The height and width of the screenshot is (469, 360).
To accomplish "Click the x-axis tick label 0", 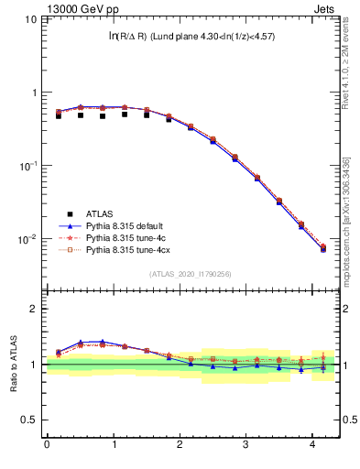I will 47,445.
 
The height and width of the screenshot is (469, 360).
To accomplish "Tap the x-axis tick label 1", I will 114,445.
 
